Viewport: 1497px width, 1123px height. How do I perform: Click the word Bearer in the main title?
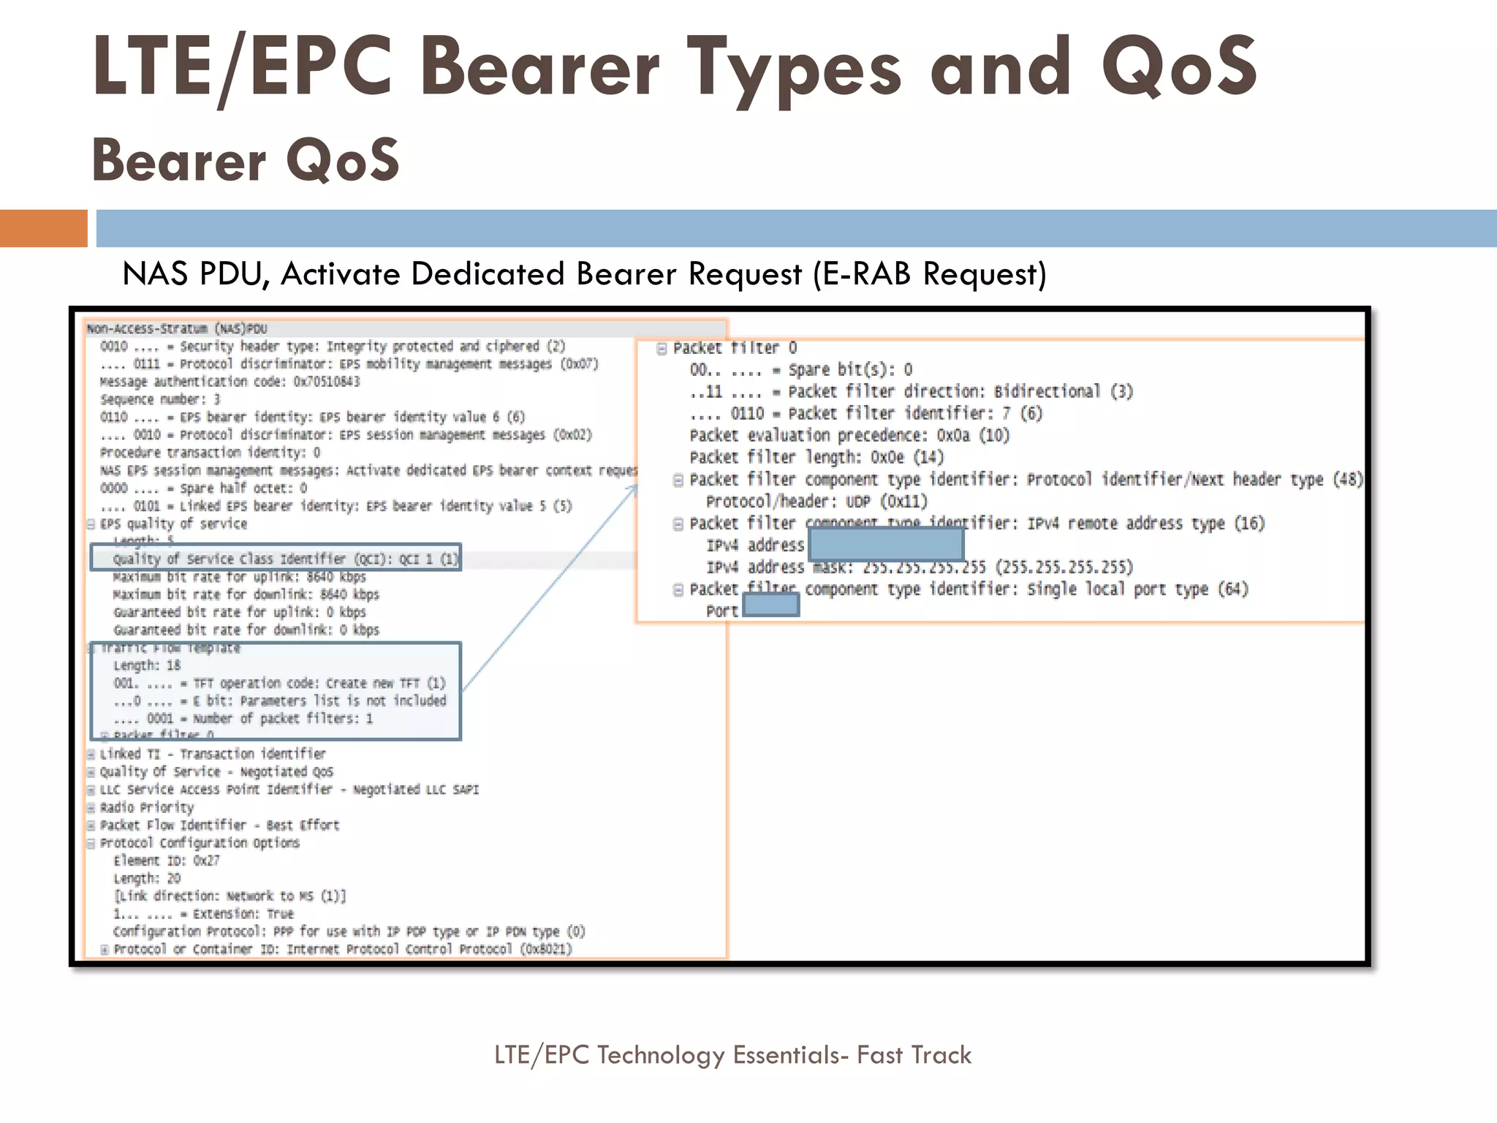[539, 67]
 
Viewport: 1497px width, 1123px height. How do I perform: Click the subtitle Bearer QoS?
[245, 160]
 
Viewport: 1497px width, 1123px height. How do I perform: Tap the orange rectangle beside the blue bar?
[43, 228]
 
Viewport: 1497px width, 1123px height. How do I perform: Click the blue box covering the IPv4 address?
[886, 545]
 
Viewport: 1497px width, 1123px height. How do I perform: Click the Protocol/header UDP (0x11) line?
[816, 502]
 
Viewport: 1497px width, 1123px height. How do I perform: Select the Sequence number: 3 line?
[159, 399]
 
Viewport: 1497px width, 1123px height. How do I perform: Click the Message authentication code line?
[230, 382]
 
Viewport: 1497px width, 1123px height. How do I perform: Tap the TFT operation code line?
[279, 684]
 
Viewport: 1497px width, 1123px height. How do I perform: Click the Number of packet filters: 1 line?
[243, 719]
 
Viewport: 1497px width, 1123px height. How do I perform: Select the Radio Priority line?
[146, 807]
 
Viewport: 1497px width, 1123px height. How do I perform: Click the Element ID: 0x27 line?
[166, 861]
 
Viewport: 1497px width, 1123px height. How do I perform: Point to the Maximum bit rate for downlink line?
[246, 594]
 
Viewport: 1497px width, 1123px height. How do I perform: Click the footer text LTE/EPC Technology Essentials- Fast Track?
[732, 1055]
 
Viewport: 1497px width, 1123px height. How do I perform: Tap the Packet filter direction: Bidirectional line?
[910, 392]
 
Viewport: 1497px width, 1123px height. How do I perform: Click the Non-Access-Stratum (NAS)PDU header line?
[177, 329]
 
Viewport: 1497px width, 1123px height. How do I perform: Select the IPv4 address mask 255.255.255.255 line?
[919, 567]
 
